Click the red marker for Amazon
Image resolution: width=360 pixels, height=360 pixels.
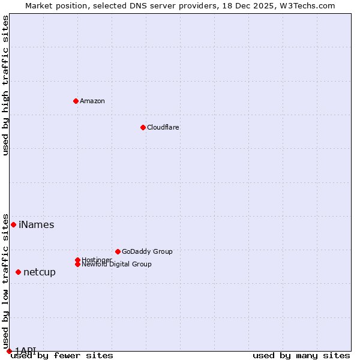point(76,101)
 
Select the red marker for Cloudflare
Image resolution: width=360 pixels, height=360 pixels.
point(143,127)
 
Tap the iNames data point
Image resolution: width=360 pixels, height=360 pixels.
point(13,224)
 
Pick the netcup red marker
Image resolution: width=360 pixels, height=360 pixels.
point(18,272)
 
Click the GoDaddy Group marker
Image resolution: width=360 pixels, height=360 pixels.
point(118,251)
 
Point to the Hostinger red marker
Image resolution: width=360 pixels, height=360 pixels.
point(77,260)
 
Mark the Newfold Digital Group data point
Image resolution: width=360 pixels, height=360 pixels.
point(77,264)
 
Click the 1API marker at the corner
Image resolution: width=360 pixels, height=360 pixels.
point(9,350)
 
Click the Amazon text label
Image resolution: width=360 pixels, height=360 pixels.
point(92,101)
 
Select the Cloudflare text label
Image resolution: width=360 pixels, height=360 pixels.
point(163,127)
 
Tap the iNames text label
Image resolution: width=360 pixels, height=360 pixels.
point(36,225)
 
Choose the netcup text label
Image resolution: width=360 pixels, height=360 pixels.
point(39,272)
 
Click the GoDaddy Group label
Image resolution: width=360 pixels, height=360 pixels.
point(147,251)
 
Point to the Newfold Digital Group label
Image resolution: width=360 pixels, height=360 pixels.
point(116,264)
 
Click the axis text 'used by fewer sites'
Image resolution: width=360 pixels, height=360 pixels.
point(62,356)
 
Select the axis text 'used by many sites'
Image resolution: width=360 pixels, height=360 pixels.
point(301,356)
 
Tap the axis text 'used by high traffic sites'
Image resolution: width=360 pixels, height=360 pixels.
point(6,85)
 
